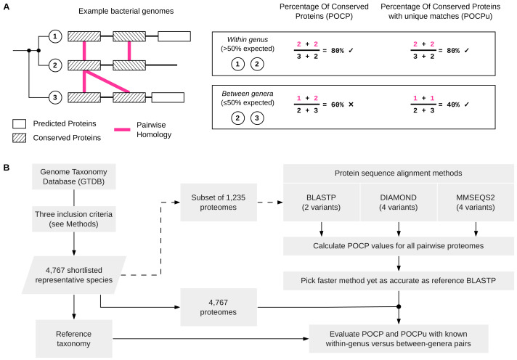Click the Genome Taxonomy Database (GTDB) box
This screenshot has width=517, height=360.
[74, 176]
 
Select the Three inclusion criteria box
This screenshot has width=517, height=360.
[74, 219]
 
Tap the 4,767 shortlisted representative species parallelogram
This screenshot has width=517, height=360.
[74, 275]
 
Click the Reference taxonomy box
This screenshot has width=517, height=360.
[74, 338]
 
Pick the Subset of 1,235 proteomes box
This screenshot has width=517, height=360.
[219, 202]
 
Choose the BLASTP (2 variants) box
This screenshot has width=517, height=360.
[321, 202]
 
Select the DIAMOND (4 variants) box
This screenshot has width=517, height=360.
[399, 202]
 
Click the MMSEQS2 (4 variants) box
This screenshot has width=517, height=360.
[476, 202]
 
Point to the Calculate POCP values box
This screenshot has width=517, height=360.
[399, 246]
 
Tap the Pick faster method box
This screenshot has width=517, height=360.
[399, 281]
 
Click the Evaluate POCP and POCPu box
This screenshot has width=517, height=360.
[399, 338]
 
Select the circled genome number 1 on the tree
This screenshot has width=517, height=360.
[55, 36]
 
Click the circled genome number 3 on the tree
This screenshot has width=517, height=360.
[55, 97]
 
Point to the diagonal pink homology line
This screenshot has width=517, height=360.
[107, 81]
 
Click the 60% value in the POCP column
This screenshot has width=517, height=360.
[338, 105]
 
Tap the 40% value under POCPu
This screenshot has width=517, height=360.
[453, 105]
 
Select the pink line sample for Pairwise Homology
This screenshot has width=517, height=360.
[122, 130]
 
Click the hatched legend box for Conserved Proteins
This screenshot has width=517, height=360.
[19, 138]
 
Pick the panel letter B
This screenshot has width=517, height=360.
[7, 168]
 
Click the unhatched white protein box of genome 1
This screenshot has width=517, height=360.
[174, 36]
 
